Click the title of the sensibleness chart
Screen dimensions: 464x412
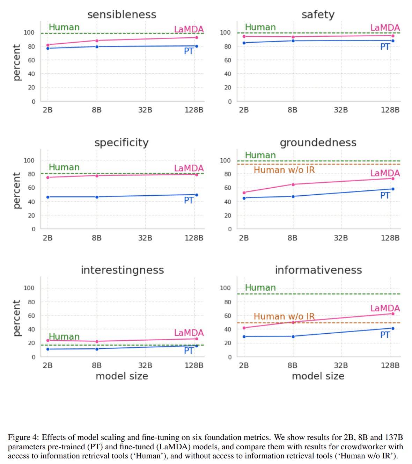coord(122,14)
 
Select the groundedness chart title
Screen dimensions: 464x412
coord(318,143)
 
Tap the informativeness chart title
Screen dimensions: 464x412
coord(318,270)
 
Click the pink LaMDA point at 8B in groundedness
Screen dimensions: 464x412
coord(293,184)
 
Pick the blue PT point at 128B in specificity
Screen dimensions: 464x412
coord(197,195)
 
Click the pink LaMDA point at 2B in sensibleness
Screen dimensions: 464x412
coord(48,45)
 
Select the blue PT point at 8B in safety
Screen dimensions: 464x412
coord(293,41)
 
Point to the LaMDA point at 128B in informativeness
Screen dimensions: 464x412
coord(393,314)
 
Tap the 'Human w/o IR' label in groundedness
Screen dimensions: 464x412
coord(284,170)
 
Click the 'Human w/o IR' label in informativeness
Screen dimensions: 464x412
coord(284,316)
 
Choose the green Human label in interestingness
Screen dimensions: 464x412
coord(64,336)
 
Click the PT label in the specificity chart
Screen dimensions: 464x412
coord(189,200)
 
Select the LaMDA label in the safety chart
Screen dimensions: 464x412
coord(385,28)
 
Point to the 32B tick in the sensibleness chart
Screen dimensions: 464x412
coord(145,110)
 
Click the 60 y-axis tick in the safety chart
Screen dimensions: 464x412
coord(228,60)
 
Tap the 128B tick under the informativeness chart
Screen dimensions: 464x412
coord(390,365)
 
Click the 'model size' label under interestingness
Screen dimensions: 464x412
coord(122,376)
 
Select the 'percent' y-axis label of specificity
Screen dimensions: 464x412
coord(16,190)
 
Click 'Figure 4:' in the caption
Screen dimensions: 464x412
coord(23,437)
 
